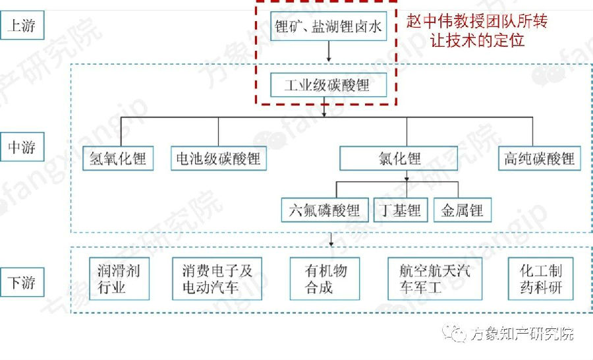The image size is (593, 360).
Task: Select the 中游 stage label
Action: (x=22, y=147)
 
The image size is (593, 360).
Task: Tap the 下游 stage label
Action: (x=22, y=283)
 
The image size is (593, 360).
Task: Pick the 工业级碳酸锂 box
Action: (x=328, y=86)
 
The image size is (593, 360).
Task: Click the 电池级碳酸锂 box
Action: (x=218, y=159)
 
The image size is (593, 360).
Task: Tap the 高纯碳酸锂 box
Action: (x=539, y=159)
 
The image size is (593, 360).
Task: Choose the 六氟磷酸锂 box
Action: (x=324, y=210)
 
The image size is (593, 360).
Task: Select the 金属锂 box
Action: (x=463, y=210)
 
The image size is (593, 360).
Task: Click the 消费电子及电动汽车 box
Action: (x=217, y=278)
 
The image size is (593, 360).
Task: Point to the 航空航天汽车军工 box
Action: (x=435, y=278)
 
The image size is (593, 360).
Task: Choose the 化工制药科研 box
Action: (x=541, y=278)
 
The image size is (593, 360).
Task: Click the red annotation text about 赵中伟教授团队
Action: (x=477, y=30)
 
